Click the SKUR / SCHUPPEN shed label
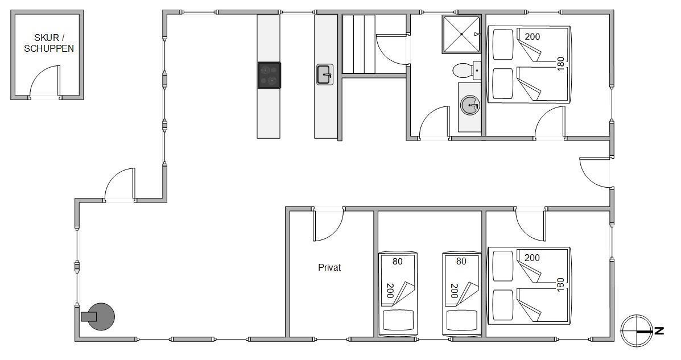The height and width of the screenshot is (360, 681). (49, 43)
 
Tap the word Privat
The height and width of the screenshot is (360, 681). (329, 267)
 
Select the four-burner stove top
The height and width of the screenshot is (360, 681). (269, 76)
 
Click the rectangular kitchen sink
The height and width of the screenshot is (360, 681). (325, 75)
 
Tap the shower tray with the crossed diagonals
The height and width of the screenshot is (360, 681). (461, 34)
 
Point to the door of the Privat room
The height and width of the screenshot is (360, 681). (328, 225)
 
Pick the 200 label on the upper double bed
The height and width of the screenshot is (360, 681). (532, 36)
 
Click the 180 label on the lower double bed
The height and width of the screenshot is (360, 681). (560, 285)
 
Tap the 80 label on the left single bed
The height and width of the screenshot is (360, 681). (397, 261)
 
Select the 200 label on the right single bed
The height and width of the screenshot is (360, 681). (455, 291)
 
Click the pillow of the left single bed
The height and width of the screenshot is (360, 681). (398, 320)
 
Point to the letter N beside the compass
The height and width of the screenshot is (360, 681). (659, 331)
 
